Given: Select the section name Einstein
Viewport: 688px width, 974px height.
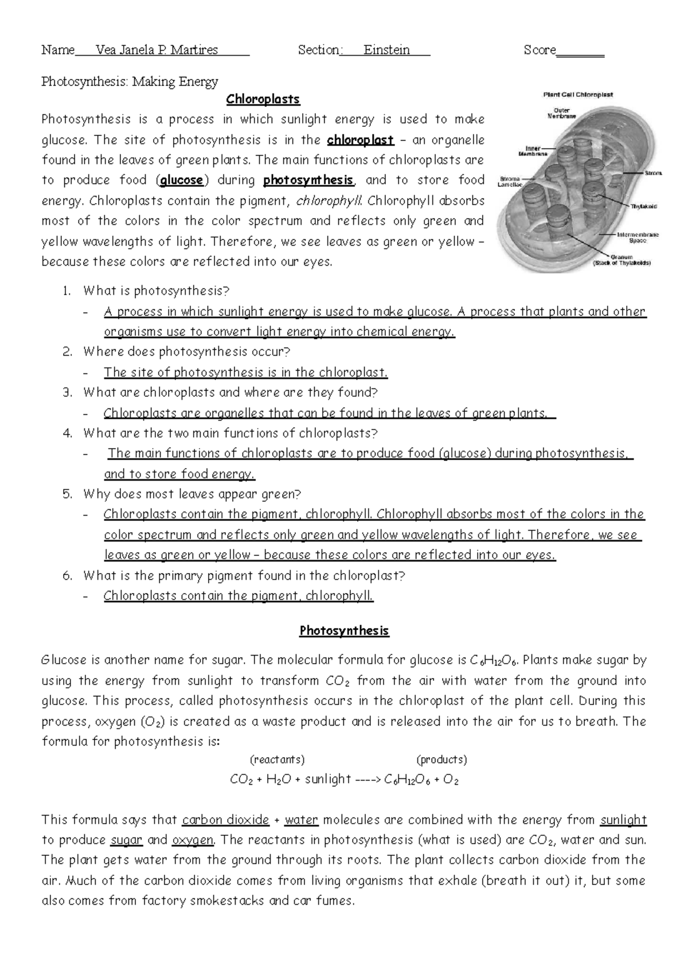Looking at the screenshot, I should pos(386,50).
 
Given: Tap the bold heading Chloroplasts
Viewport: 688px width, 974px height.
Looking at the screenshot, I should pos(263,99).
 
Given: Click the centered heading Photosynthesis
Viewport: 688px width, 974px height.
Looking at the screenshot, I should pos(344,631).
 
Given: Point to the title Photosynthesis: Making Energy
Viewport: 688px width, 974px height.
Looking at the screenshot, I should pos(130,81).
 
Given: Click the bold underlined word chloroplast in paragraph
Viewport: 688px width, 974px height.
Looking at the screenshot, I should pos(360,140).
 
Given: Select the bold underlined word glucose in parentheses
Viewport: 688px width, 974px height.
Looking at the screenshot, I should pos(181,180).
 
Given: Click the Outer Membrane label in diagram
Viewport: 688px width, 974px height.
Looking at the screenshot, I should pos(565,112).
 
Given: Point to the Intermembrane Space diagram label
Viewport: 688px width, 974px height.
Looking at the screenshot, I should pos(638,237).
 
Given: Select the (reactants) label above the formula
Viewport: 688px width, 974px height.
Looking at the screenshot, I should pos(277,759).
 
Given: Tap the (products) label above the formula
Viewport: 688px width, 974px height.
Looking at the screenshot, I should pos(441,759).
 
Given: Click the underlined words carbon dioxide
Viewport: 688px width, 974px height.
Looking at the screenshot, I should pos(225,820).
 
